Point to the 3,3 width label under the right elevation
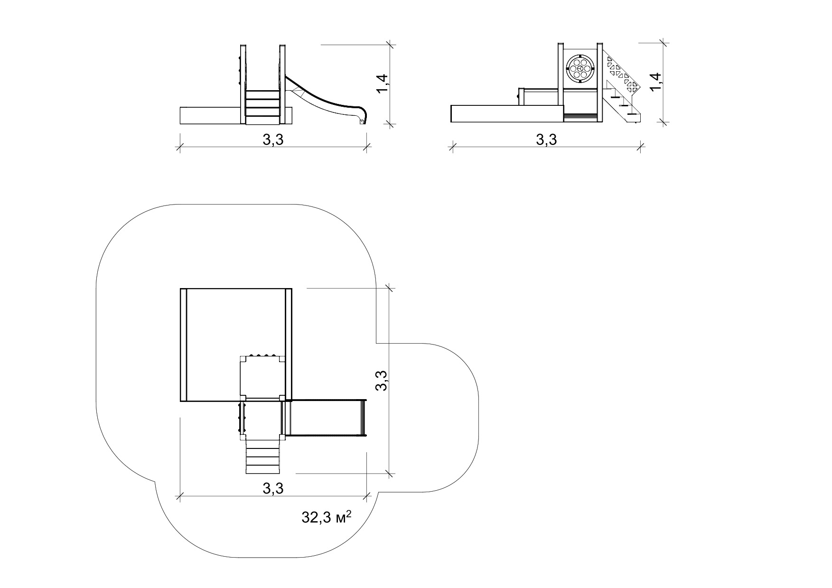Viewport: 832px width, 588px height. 546,140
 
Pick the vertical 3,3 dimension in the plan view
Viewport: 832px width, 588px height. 383,381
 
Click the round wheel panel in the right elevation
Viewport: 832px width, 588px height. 580,68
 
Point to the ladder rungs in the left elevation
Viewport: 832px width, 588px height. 262,103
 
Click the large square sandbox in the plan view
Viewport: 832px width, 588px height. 236,345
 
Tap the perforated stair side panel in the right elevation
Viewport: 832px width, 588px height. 622,74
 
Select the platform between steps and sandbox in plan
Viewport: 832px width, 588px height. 262,418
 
